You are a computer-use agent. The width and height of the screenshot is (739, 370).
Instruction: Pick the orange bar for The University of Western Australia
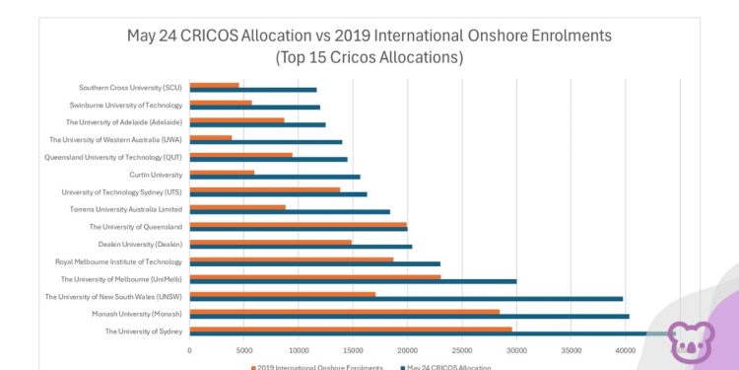210,138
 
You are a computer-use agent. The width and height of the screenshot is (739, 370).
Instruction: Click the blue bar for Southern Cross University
252,90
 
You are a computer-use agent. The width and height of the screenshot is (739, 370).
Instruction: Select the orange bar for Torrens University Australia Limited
236,207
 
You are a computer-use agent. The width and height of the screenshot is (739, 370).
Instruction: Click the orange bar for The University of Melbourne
314,277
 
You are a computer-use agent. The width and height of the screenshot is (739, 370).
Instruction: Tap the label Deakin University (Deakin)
140,244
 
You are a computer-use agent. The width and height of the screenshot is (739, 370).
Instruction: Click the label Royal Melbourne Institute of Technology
118,261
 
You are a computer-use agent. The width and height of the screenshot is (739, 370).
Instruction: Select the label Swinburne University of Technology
126,105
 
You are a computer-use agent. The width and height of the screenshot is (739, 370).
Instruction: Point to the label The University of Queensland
135,227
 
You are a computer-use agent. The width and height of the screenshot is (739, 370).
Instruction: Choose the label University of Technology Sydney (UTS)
121,192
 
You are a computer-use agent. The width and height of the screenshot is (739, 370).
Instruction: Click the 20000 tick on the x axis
407,349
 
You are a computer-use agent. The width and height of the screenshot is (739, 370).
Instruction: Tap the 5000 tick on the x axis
243,349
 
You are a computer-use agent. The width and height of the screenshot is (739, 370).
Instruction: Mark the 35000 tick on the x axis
571,349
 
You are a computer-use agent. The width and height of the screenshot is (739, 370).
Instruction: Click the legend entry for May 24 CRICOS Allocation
448,366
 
